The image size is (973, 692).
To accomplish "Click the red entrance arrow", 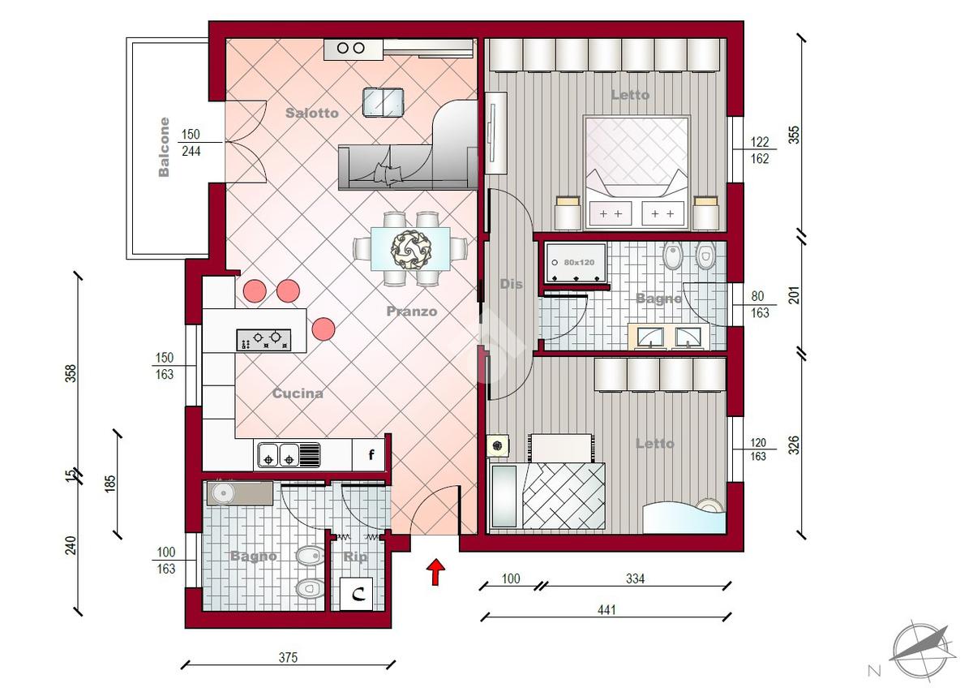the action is click(435, 572).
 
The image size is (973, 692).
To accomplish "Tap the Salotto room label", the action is click(312, 113).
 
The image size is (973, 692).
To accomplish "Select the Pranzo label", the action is click(411, 312).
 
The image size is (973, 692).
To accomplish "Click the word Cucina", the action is click(298, 393).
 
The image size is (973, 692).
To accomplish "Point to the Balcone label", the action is click(164, 147).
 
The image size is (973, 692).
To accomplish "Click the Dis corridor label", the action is click(511, 284).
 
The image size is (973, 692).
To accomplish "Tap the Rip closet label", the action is click(355, 557).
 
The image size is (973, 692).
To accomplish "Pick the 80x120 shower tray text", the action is click(579, 263).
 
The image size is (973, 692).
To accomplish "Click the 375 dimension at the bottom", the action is click(288, 658).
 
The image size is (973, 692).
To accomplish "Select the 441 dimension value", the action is click(607, 610).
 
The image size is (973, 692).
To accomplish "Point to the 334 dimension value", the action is click(635, 579).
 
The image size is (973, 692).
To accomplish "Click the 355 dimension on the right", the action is click(794, 135).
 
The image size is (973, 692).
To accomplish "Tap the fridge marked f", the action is click(368, 454).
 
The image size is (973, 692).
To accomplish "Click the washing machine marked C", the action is click(356, 594).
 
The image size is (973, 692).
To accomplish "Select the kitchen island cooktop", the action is click(264, 340).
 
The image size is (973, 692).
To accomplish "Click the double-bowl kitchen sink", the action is click(289, 456).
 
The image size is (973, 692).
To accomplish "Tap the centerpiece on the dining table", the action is click(410, 250).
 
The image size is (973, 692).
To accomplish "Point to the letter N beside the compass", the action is click(874, 671).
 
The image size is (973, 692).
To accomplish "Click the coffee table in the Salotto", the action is click(383, 102).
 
